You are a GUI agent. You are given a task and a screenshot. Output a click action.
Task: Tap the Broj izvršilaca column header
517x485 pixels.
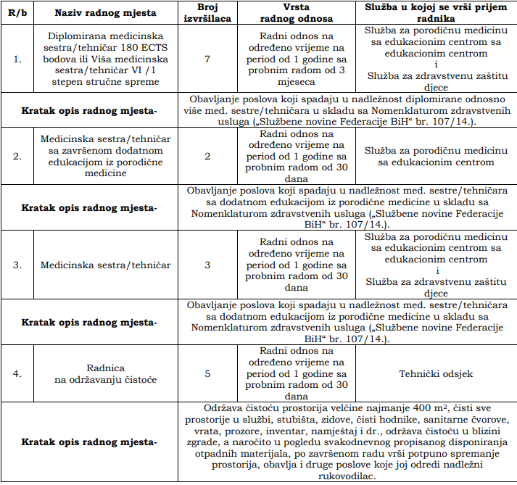coord(208,14)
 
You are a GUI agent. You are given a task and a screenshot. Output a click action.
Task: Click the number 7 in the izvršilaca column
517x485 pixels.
coord(208,59)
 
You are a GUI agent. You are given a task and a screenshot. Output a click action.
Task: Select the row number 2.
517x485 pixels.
coord(18,156)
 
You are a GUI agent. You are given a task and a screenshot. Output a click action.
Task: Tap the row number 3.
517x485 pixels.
coord(18,265)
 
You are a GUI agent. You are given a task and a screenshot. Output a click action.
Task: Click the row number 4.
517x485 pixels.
coord(18,373)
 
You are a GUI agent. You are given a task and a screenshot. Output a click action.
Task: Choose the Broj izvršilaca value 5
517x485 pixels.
coord(208,373)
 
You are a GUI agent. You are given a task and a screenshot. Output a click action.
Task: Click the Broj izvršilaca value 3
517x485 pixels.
coord(208,265)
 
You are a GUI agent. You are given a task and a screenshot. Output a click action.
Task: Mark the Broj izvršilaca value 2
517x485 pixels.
coord(208,156)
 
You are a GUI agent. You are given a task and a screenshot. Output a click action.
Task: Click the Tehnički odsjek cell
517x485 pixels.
coord(436,373)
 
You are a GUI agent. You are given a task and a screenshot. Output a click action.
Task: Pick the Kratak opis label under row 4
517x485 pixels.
coord(89,442)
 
